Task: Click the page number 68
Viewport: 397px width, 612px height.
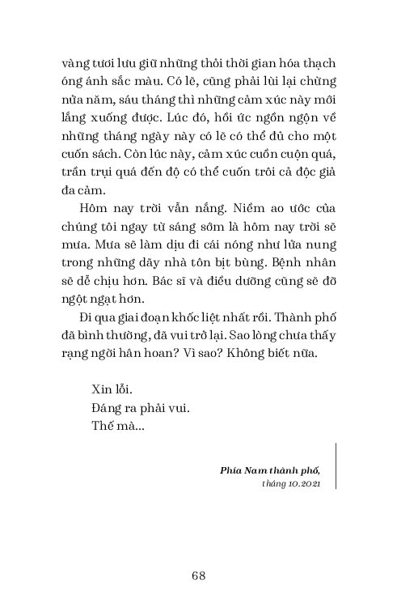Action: [198, 576]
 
